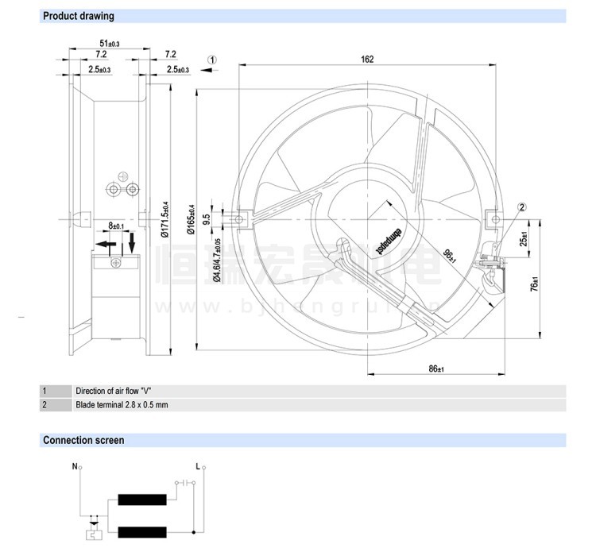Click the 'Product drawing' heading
click(x=78, y=16)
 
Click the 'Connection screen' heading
click(x=83, y=440)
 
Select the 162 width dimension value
click(x=366, y=59)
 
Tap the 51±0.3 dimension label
click(x=108, y=44)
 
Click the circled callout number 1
click(x=213, y=60)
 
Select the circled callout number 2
click(x=522, y=207)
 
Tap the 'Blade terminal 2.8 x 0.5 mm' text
click(x=122, y=405)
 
